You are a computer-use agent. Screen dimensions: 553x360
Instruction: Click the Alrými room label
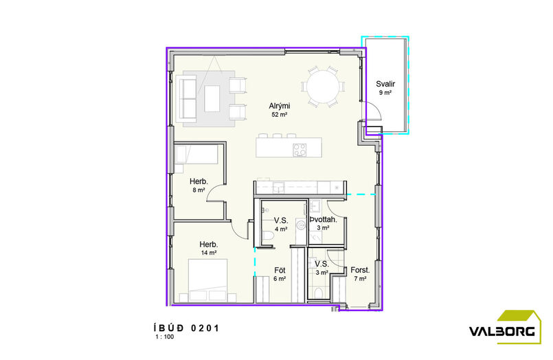click(x=280, y=106)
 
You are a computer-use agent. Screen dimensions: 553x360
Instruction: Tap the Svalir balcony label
click(x=385, y=84)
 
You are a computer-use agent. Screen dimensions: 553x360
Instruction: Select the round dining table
click(x=323, y=87)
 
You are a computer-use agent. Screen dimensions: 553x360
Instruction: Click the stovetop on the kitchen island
click(x=300, y=150)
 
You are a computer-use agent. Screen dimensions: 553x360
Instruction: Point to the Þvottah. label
click(x=323, y=220)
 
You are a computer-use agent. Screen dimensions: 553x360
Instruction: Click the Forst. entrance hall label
click(x=360, y=270)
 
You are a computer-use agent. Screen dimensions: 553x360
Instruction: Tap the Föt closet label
click(x=280, y=270)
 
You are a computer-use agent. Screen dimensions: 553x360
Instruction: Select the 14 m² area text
click(x=209, y=252)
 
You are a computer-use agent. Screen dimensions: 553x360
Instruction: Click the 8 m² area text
click(x=199, y=190)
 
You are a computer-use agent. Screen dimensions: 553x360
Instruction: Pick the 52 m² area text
click(x=280, y=115)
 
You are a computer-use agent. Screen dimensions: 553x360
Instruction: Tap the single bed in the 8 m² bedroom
click(x=196, y=155)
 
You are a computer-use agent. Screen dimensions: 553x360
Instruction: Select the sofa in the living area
click(x=188, y=99)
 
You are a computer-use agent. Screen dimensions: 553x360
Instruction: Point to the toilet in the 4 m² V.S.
click(x=269, y=236)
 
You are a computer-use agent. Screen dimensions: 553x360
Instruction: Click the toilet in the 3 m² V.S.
click(x=318, y=293)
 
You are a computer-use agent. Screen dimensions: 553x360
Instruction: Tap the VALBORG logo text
click(x=501, y=332)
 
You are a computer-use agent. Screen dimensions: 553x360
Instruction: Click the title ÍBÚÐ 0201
click(x=187, y=328)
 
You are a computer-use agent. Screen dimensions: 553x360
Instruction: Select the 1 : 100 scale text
click(x=165, y=337)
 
